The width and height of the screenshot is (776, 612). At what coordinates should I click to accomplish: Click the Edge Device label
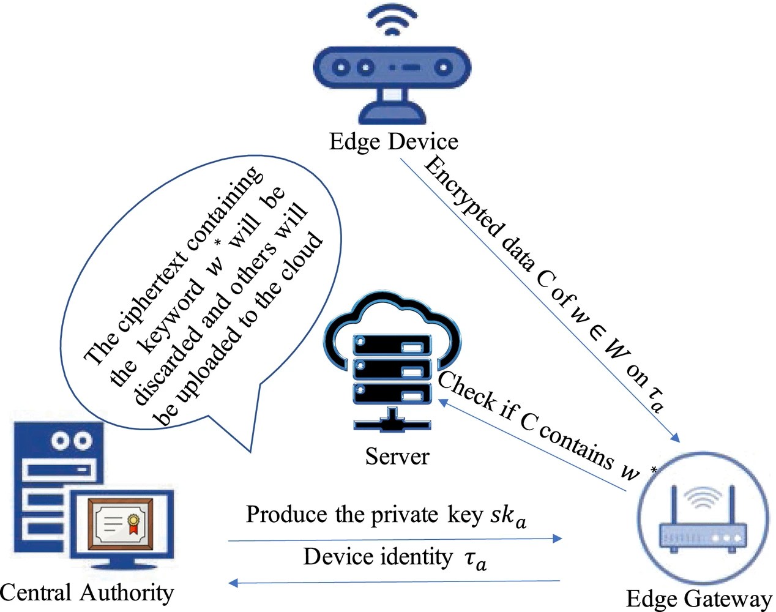pos(393,141)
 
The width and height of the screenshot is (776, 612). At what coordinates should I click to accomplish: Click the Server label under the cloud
pos(397,456)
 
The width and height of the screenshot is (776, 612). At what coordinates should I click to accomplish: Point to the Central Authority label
pos(87,592)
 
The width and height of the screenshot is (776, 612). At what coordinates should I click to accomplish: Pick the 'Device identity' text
pos(378,557)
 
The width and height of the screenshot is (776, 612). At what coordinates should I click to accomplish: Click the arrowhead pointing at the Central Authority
pos(233,583)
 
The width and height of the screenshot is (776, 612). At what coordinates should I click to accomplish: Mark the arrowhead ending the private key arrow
pos(558,539)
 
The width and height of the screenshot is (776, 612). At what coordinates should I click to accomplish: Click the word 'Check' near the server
pos(466,390)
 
